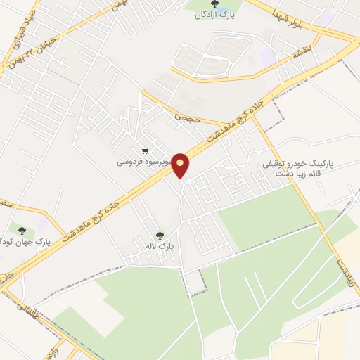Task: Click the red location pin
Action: click(x=181, y=166)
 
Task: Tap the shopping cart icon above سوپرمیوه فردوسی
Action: click(x=145, y=150)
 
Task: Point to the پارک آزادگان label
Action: click(x=214, y=15)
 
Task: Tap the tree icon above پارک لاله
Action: click(x=159, y=236)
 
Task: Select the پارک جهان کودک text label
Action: click(x=24, y=242)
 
